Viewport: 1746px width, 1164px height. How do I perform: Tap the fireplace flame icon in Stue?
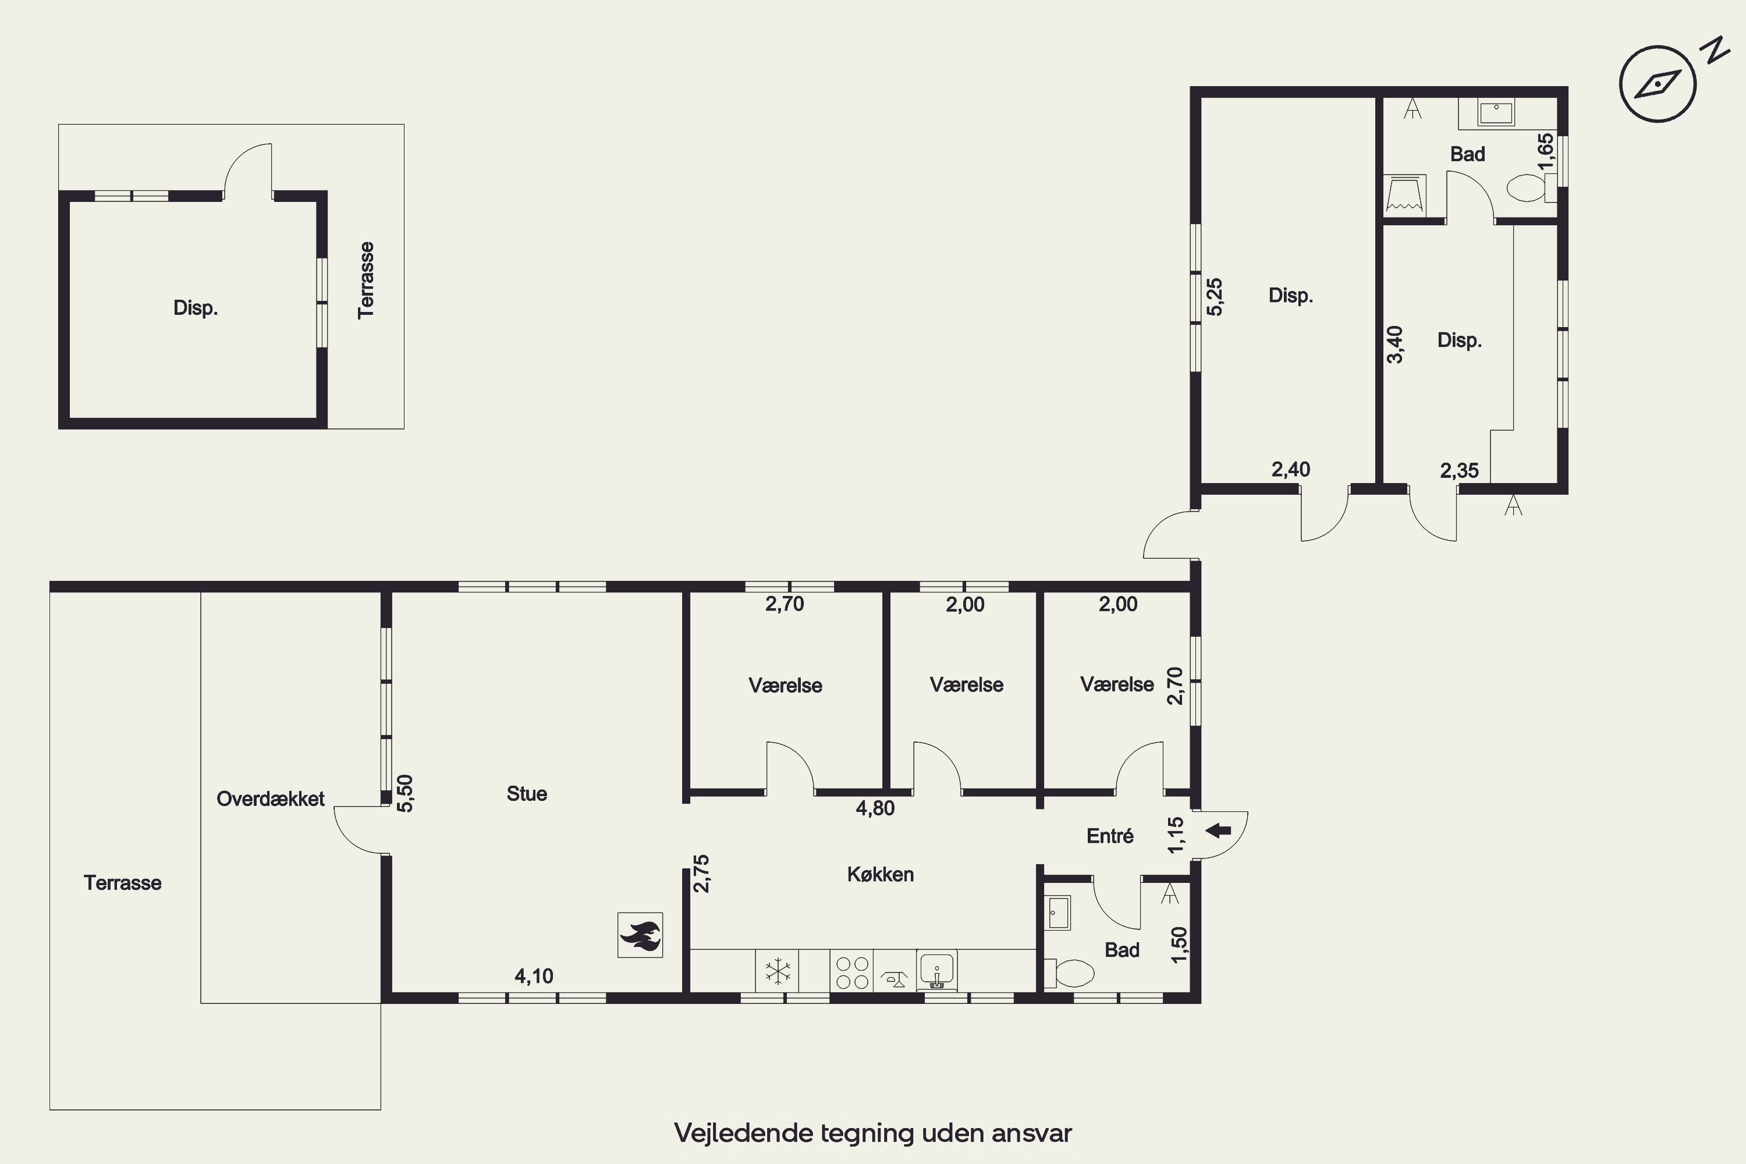point(640,935)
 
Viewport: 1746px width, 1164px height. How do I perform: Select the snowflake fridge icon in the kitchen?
point(777,971)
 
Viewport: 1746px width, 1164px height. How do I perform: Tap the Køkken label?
point(881,875)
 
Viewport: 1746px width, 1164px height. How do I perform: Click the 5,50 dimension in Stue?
point(404,793)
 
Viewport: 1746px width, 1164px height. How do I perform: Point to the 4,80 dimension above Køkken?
point(875,808)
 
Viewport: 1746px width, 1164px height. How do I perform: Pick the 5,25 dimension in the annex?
point(1215,297)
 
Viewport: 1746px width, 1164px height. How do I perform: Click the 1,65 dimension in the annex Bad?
point(1546,151)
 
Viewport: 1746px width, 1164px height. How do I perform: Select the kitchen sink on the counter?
point(937,971)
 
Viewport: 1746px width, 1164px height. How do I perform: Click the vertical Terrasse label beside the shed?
point(365,280)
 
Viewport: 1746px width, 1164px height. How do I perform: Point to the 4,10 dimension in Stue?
point(534,976)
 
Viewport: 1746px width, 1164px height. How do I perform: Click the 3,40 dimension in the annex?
point(1395,345)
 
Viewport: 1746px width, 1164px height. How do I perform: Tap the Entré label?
point(1110,836)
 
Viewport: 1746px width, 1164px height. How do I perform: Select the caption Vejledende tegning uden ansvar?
point(873,1133)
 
